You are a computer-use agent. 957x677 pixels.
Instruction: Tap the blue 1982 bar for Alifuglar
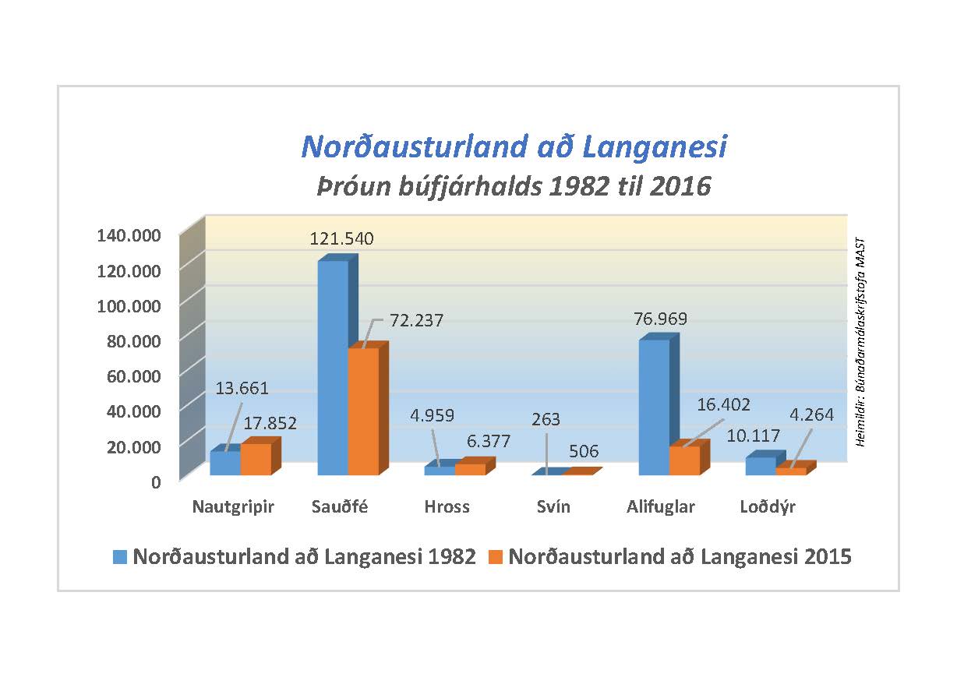[654, 407]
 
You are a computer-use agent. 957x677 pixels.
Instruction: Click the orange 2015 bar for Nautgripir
[256, 459]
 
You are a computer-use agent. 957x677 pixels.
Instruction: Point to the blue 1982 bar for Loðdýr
[760, 465]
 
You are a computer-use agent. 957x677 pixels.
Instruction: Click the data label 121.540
[341, 238]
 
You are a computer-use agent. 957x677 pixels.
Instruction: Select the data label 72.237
[416, 320]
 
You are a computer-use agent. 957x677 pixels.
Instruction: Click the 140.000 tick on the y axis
[129, 235]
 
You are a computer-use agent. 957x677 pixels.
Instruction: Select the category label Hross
[447, 507]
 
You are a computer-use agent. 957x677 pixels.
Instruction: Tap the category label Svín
[553, 507]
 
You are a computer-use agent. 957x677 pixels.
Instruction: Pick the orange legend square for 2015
[496, 557]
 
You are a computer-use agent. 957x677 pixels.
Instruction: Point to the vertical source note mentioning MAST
[861, 343]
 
